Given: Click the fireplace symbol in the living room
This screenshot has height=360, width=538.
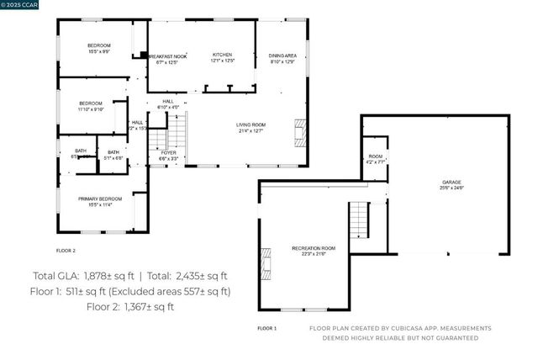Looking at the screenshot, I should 299,131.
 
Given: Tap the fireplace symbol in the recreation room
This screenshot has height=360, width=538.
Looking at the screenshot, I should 267,262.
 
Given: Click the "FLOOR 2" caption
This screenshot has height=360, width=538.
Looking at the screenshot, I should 66,251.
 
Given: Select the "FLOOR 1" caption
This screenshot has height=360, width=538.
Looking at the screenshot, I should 266,328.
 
